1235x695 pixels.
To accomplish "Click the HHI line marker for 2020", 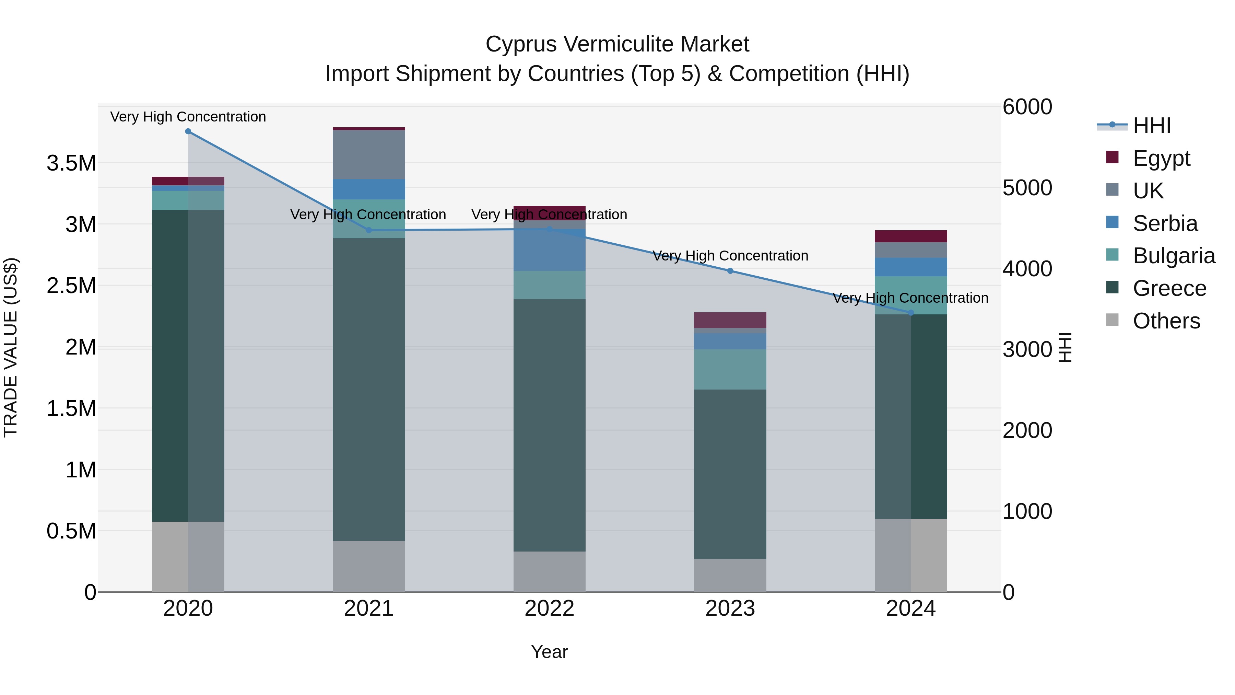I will pyautogui.click(x=188, y=131).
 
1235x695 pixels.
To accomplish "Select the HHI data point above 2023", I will pyautogui.click(x=730, y=271).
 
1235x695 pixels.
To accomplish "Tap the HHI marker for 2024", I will pyautogui.click(x=911, y=313).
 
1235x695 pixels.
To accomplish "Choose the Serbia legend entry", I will pyautogui.click(x=1165, y=223).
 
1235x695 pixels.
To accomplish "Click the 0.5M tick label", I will pyautogui.click(x=71, y=531).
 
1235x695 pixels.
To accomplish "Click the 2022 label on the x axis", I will pyautogui.click(x=550, y=609).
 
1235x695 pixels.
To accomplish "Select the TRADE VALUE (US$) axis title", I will pyautogui.click(x=11, y=347).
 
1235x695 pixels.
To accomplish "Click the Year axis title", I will pyautogui.click(x=550, y=652).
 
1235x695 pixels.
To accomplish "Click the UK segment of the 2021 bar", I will pyautogui.click(x=369, y=154).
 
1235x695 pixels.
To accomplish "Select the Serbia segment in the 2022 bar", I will pyautogui.click(x=550, y=250).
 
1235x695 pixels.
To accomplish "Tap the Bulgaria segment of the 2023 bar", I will pyautogui.click(x=730, y=369).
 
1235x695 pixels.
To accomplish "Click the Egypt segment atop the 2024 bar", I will pyautogui.click(x=911, y=236).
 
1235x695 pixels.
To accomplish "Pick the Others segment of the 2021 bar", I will pyautogui.click(x=369, y=566).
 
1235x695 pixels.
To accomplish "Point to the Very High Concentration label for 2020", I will pyautogui.click(x=188, y=117).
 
